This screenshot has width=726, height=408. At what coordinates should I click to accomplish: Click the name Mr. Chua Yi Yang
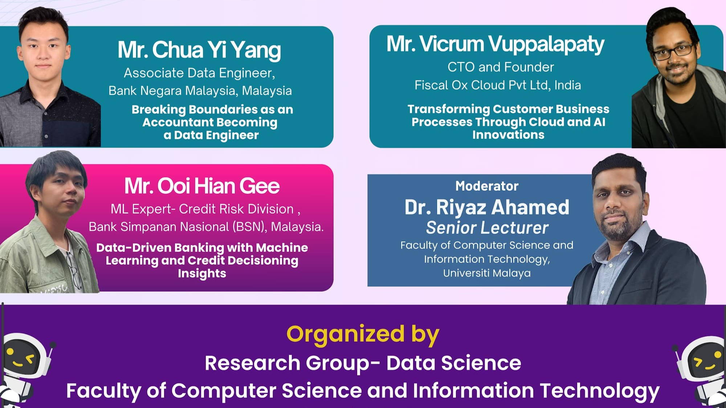click(199, 50)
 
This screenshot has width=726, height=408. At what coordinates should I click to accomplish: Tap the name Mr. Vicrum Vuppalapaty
click(495, 44)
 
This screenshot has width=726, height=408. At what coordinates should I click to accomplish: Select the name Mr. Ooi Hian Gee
click(202, 186)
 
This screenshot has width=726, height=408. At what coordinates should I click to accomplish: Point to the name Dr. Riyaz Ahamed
click(487, 207)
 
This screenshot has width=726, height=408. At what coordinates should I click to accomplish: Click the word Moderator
click(487, 186)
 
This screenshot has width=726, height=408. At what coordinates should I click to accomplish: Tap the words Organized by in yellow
click(363, 335)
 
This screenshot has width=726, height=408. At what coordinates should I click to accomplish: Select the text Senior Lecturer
click(487, 228)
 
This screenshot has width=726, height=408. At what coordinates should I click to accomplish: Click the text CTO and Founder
click(501, 67)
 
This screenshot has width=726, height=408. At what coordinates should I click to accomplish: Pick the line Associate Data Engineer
click(199, 73)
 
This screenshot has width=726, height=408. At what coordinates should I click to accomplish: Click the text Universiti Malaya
click(487, 273)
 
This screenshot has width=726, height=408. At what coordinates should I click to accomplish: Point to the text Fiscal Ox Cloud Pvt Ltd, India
click(498, 85)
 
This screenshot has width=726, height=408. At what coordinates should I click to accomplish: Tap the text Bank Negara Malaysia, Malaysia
click(200, 91)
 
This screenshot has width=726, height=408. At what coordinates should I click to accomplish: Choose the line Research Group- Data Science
click(363, 363)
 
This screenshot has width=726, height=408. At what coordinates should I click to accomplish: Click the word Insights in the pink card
click(202, 273)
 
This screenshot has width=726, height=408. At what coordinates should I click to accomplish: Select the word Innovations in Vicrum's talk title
click(508, 135)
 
